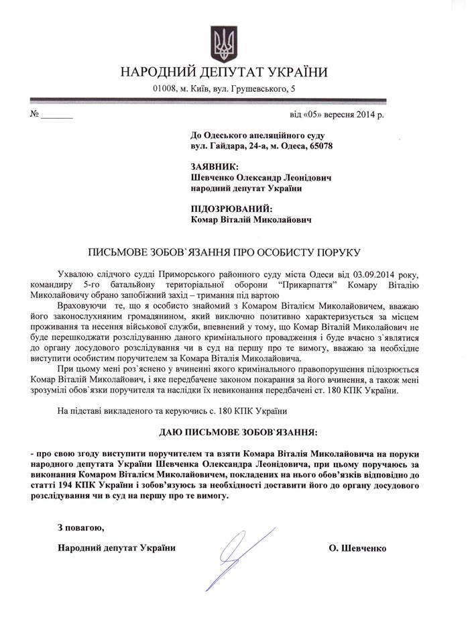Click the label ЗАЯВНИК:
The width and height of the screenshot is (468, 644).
pyautogui.click(x=211, y=166)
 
